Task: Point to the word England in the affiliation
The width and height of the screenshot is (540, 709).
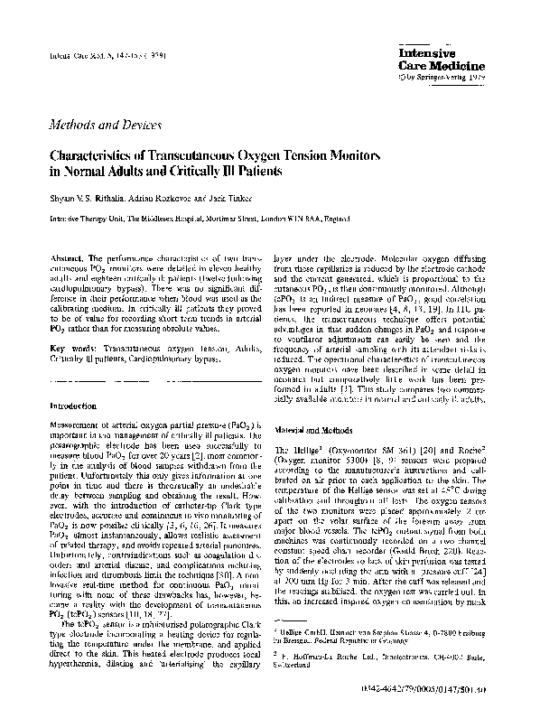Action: coord(331,218)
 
